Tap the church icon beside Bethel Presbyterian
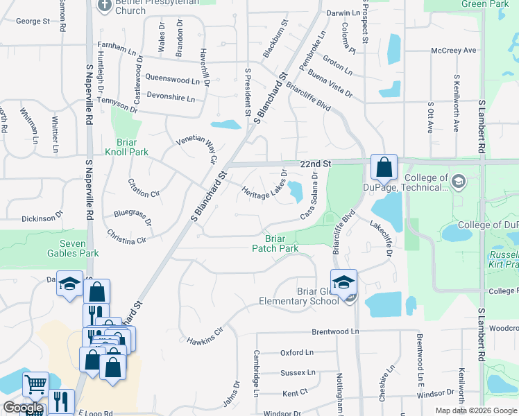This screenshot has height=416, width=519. coord(105,6)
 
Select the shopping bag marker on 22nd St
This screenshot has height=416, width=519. coord(384,167)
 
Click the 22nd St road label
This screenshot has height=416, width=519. coord(317,164)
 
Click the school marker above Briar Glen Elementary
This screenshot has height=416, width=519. coord(343,282)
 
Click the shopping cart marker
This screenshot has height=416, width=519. coord(35,383)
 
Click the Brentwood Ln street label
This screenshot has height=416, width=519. coord(335,332)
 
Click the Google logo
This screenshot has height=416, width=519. coord(23,408)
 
